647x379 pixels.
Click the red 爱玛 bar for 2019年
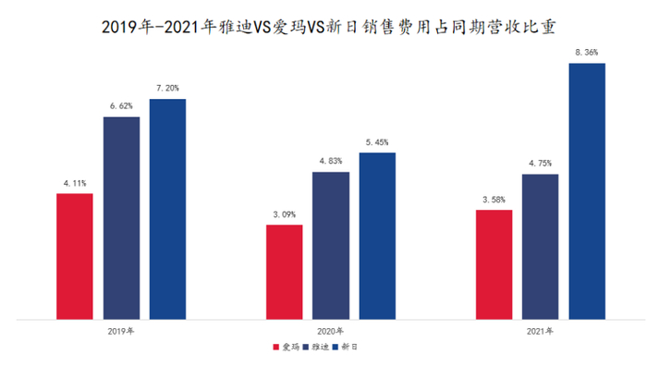(75, 256)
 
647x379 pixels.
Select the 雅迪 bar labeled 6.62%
(121, 218)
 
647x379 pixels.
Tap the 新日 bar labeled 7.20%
(167, 209)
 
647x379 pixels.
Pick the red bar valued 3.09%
(284, 272)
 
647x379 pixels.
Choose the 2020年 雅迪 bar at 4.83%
(330, 245)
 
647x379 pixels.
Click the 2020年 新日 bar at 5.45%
(376, 236)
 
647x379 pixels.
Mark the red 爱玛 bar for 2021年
(494, 264)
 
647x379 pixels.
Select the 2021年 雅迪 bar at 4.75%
(540, 247)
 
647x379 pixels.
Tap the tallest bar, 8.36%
(586, 191)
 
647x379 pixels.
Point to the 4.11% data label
(74, 184)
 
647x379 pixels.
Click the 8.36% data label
(586, 54)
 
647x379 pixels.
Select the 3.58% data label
(494, 201)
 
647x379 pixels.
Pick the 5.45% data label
(376, 142)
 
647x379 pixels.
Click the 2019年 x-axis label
(121, 331)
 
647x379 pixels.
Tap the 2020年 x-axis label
(330, 331)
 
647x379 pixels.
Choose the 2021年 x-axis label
(540, 331)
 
